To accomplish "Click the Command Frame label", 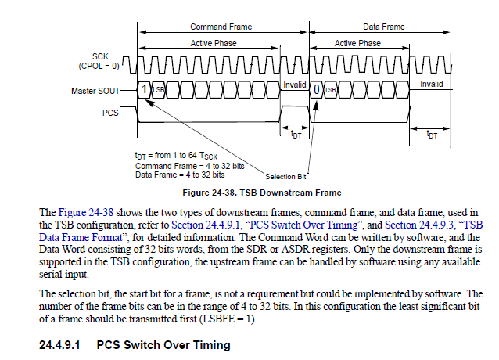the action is (221, 27).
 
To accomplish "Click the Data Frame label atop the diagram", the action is (384, 27).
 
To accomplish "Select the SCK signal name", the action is (100, 56).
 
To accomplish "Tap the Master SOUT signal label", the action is (95, 91).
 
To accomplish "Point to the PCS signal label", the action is (110, 113).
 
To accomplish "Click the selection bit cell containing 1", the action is (144, 89).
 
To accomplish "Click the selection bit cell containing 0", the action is (316, 89).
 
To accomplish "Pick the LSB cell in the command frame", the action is (158, 89).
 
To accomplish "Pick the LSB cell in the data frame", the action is (330, 89).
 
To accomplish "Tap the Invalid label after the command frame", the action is (294, 85).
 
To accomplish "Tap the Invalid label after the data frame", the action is (431, 84).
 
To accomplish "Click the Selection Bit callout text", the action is (285, 177).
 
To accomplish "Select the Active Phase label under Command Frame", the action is (214, 43).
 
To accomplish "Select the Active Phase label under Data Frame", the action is (357, 43).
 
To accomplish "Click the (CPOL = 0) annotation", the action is (99, 66).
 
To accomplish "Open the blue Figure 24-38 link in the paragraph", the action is (85, 212).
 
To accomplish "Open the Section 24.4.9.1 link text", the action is (206, 225).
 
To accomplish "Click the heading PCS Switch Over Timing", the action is (163, 345).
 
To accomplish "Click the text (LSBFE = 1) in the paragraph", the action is (228, 319).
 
